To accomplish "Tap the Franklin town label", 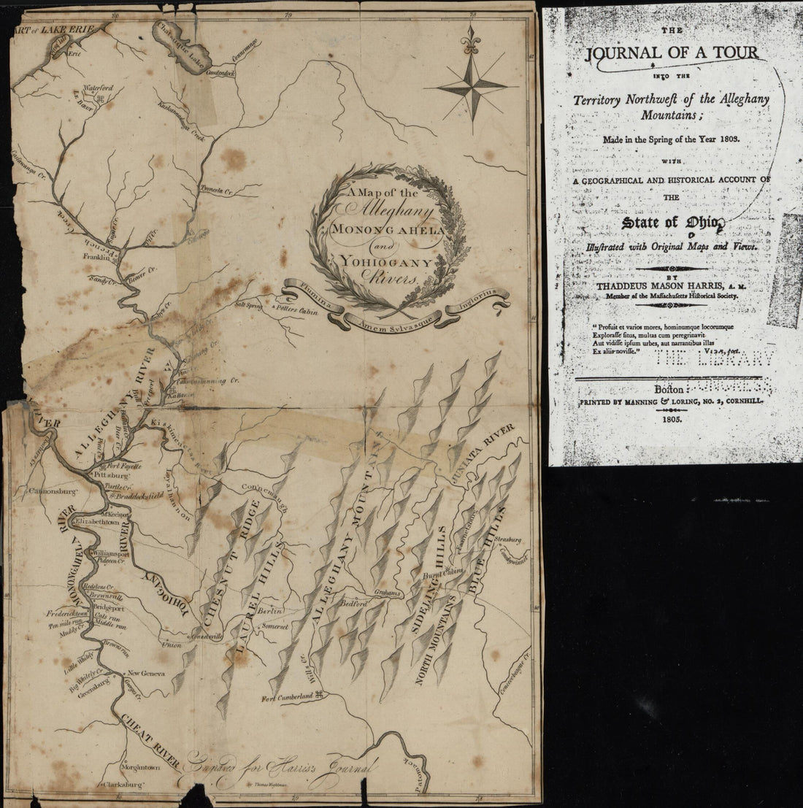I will pos(95,256).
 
